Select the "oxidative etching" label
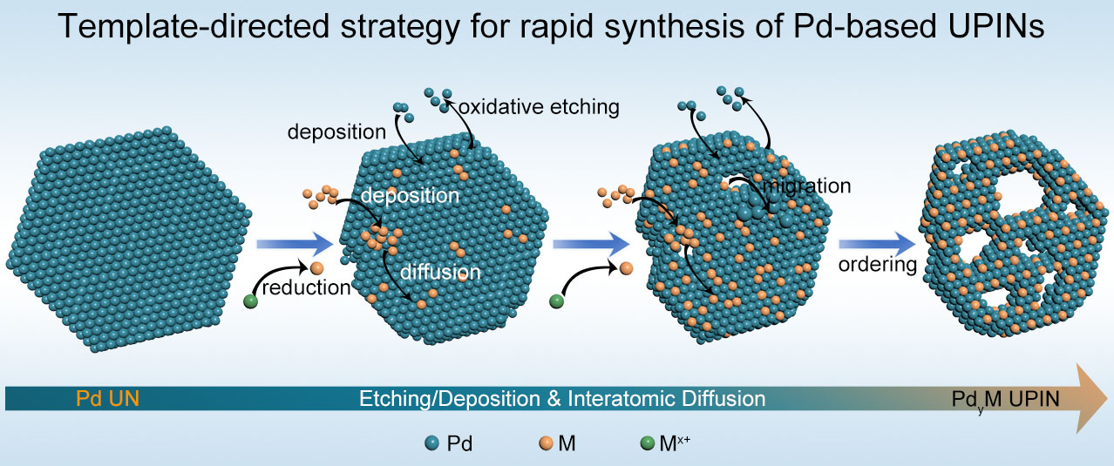(539, 107)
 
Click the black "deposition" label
(336, 132)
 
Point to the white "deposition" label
(410, 195)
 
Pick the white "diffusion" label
(440, 272)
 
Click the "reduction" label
(306, 287)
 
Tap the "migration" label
(806, 186)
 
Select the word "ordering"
(877, 264)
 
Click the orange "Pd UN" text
(107, 398)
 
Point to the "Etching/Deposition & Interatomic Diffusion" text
(562, 398)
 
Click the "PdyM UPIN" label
(1005, 401)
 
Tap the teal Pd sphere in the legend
(431, 442)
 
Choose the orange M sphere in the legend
(546, 442)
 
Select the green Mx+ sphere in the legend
(647, 442)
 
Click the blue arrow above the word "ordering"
(877, 244)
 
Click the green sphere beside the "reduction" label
(251, 301)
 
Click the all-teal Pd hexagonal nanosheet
(129, 239)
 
